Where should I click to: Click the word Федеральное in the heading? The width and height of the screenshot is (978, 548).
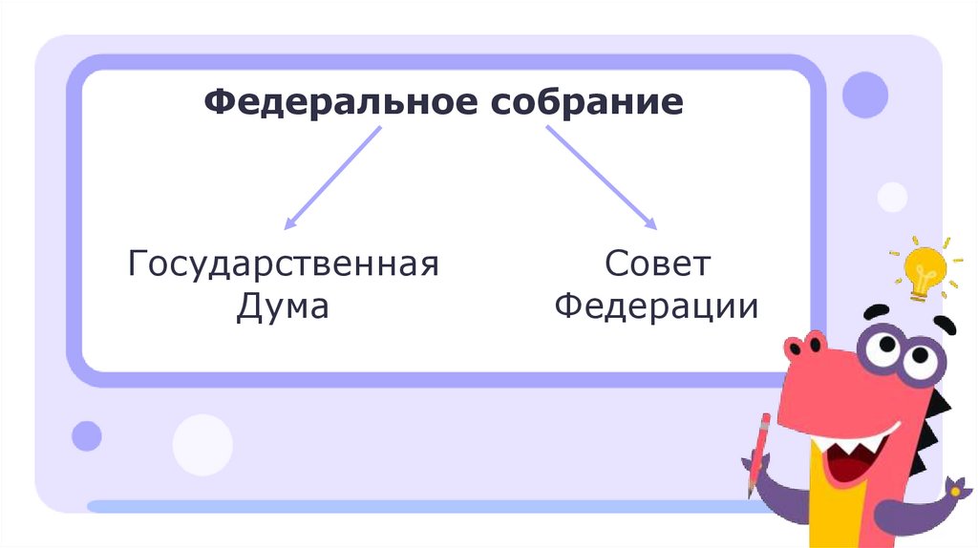click(340, 101)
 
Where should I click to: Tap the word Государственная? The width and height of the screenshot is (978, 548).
click(284, 263)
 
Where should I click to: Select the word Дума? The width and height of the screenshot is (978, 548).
click(283, 307)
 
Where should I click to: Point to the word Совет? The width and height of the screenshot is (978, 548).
click(657, 263)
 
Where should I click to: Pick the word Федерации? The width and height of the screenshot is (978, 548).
click(657, 307)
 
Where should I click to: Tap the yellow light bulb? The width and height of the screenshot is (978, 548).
click(925, 268)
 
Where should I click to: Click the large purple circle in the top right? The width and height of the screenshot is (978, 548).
click(865, 95)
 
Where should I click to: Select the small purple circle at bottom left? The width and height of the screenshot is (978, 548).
click(87, 435)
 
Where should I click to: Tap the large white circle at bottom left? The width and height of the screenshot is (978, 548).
click(202, 445)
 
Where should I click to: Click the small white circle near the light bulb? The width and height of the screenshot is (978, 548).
click(892, 198)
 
